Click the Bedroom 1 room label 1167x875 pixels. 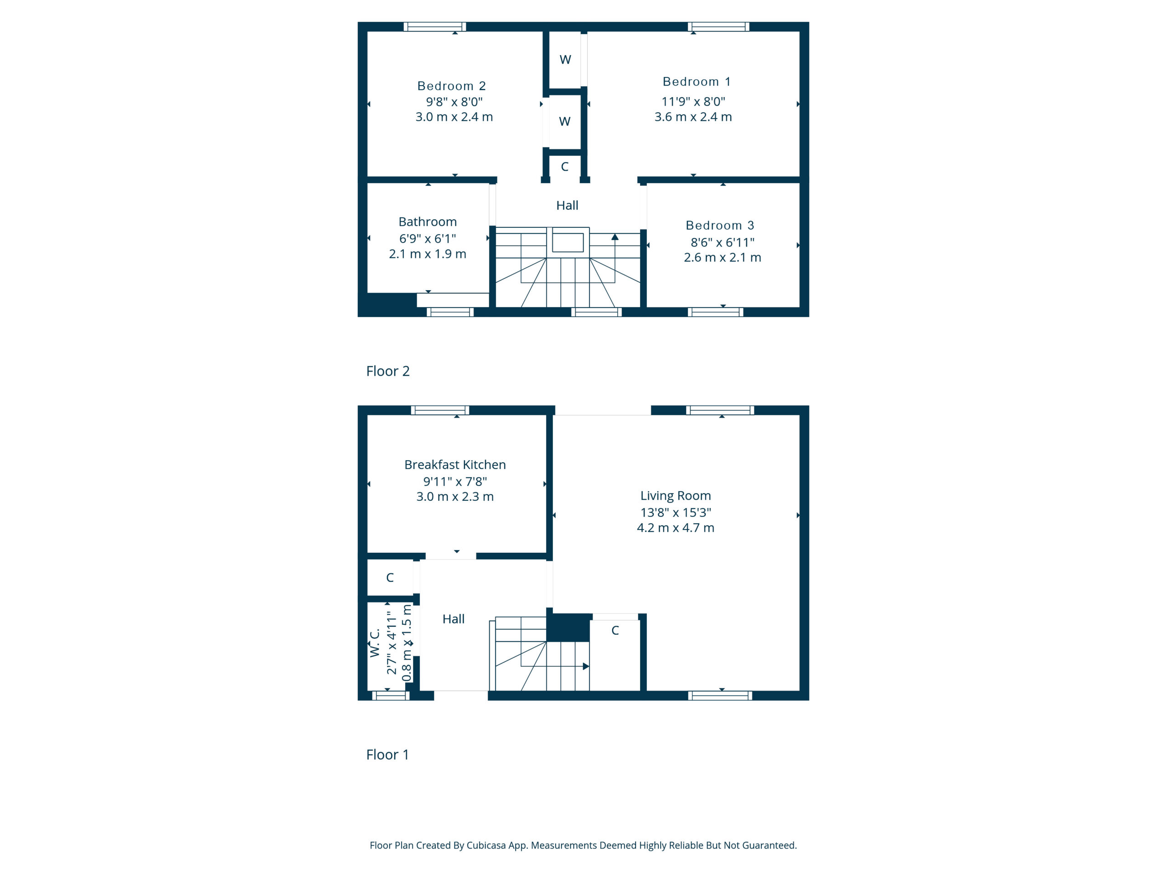click(x=697, y=82)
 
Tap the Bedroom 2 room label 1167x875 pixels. click(x=452, y=86)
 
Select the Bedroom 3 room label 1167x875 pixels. click(x=720, y=225)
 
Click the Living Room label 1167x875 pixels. click(x=676, y=496)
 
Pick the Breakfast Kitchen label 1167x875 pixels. click(x=455, y=465)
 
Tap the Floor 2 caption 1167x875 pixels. click(x=388, y=371)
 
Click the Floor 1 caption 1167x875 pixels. click(x=388, y=755)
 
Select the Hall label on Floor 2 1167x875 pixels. click(x=567, y=205)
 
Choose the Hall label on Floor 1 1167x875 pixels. click(x=454, y=619)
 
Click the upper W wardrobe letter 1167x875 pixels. click(x=565, y=60)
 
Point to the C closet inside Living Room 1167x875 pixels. click(x=615, y=630)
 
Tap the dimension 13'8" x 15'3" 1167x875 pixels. click(x=676, y=512)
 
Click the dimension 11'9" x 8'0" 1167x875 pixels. click(x=694, y=101)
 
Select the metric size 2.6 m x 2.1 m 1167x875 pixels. click(x=723, y=257)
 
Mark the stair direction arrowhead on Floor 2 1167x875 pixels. click(x=614, y=237)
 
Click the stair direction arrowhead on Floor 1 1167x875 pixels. click(x=586, y=667)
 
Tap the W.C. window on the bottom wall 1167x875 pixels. click(x=391, y=696)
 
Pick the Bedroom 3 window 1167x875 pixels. click(x=716, y=312)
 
